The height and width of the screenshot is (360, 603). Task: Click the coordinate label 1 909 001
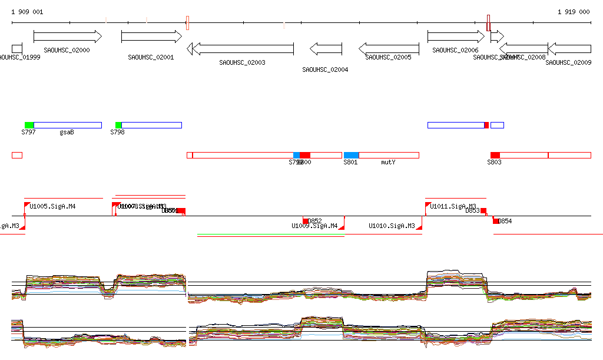click(26, 12)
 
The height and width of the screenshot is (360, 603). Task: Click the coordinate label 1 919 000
click(574, 12)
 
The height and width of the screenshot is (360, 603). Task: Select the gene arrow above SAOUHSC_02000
click(68, 37)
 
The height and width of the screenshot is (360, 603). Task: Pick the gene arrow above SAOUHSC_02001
click(151, 37)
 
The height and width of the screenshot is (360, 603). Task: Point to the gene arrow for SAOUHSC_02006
click(456, 37)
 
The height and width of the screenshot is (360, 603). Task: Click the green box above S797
click(29, 125)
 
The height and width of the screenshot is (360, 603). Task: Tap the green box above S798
click(118, 125)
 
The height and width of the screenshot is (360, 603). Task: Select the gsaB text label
click(67, 133)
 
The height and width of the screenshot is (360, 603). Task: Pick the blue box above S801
click(352, 155)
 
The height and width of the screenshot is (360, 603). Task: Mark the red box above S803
click(495, 155)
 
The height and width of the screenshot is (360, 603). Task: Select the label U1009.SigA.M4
click(314, 226)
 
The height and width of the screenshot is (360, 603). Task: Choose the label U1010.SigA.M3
click(392, 226)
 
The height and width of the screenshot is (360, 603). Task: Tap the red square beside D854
click(496, 220)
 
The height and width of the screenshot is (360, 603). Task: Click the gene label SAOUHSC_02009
click(568, 62)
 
